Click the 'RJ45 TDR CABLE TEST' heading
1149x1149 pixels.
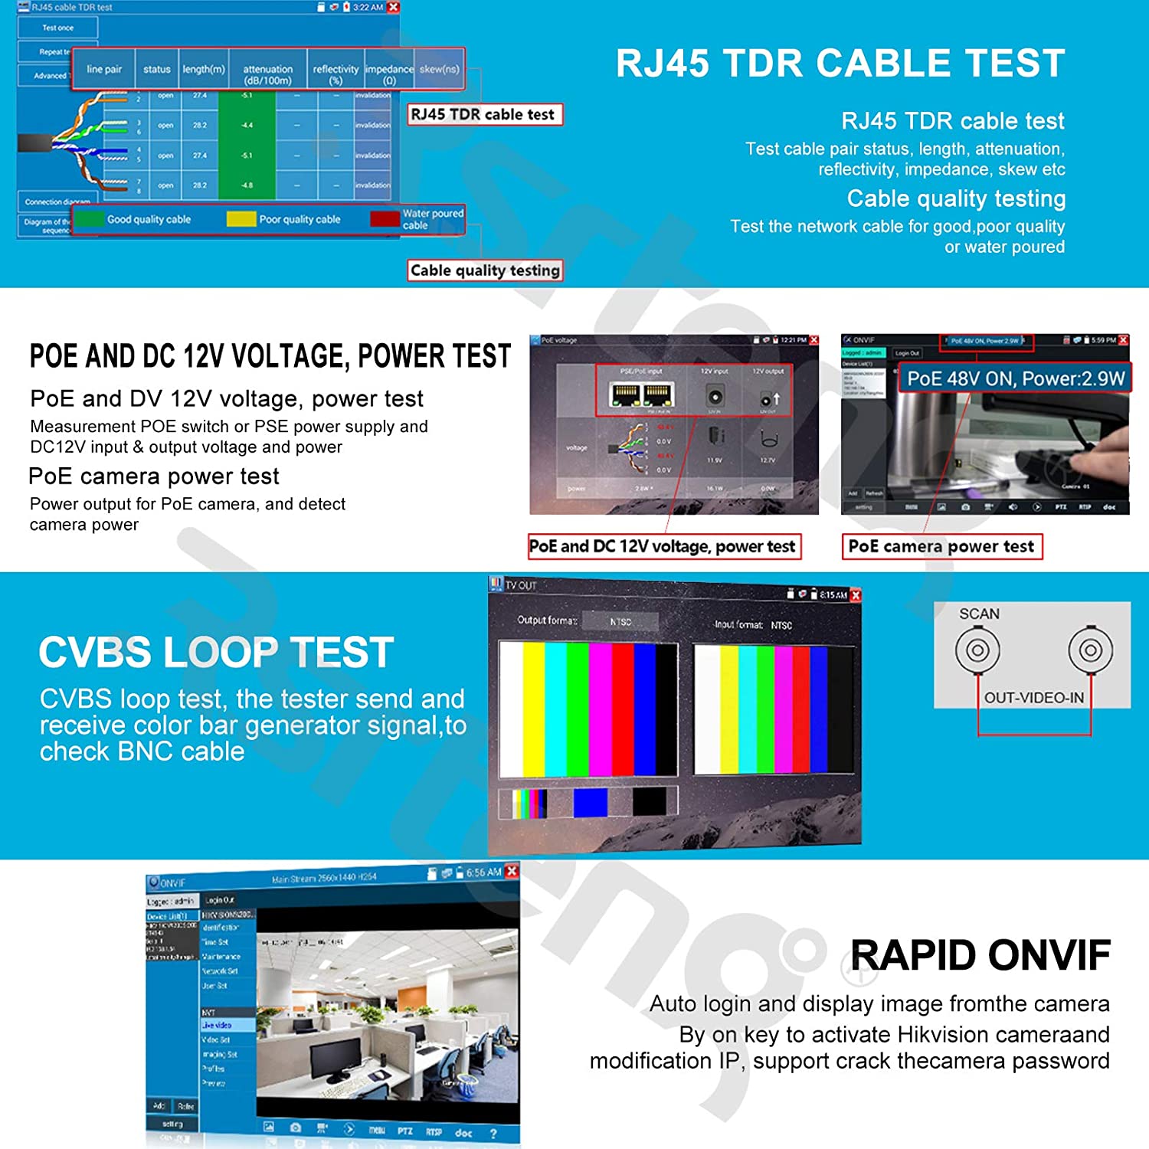point(840,64)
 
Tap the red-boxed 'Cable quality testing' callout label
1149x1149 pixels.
point(485,270)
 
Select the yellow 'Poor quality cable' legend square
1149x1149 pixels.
point(241,219)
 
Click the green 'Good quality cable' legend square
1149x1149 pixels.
point(90,219)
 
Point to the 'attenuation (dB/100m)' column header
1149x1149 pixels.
point(267,74)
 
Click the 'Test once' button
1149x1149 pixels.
point(58,28)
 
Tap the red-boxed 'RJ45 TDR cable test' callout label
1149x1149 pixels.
point(483,114)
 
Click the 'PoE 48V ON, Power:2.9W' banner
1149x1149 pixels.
point(1015,378)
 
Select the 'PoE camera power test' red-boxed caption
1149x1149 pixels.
point(941,546)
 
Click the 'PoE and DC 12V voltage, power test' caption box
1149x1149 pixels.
point(663,546)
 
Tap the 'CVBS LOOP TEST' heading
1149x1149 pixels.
point(216,653)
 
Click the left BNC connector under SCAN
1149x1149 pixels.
point(977,650)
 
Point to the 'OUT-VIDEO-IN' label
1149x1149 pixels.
point(1033,698)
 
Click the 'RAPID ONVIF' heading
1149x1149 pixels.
point(980,955)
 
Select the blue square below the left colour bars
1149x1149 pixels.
point(590,803)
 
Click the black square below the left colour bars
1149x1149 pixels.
point(650,803)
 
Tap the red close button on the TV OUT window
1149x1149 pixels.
point(856,594)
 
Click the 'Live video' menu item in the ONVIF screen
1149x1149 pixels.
point(217,1025)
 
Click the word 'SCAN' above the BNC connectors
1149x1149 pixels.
point(979,614)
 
